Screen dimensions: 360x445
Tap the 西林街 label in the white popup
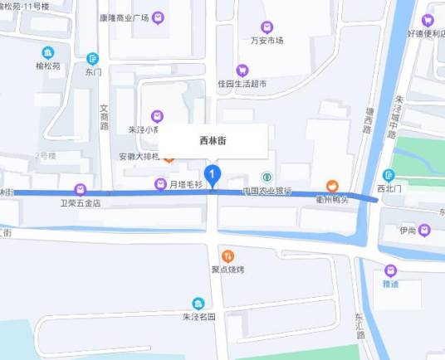pyautogui.click(x=213, y=141)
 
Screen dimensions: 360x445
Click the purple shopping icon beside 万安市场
pyautogui.click(x=266, y=27)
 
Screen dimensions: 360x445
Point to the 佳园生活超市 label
pyautogui.click(x=242, y=84)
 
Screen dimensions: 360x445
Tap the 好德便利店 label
pyautogui.click(x=425, y=34)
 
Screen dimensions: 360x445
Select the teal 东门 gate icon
pyautogui.click(x=92, y=59)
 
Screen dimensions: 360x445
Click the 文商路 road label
pyautogui.click(x=104, y=116)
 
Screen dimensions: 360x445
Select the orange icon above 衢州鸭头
pyautogui.click(x=331, y=185)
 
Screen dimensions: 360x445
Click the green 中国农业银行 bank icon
pyautogui.click(x=267, y=177)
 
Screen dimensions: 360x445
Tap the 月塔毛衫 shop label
pyautogui.click(x=186, y=183)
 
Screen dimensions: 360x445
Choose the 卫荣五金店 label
pyautogui.click(x=80, y=202)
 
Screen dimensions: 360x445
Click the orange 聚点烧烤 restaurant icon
pyautogui.click(x=227, y=255)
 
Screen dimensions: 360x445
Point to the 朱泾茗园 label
pyautogui.click(x=198, y=316)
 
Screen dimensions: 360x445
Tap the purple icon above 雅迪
pyautogui.click(x=390, y=270)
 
